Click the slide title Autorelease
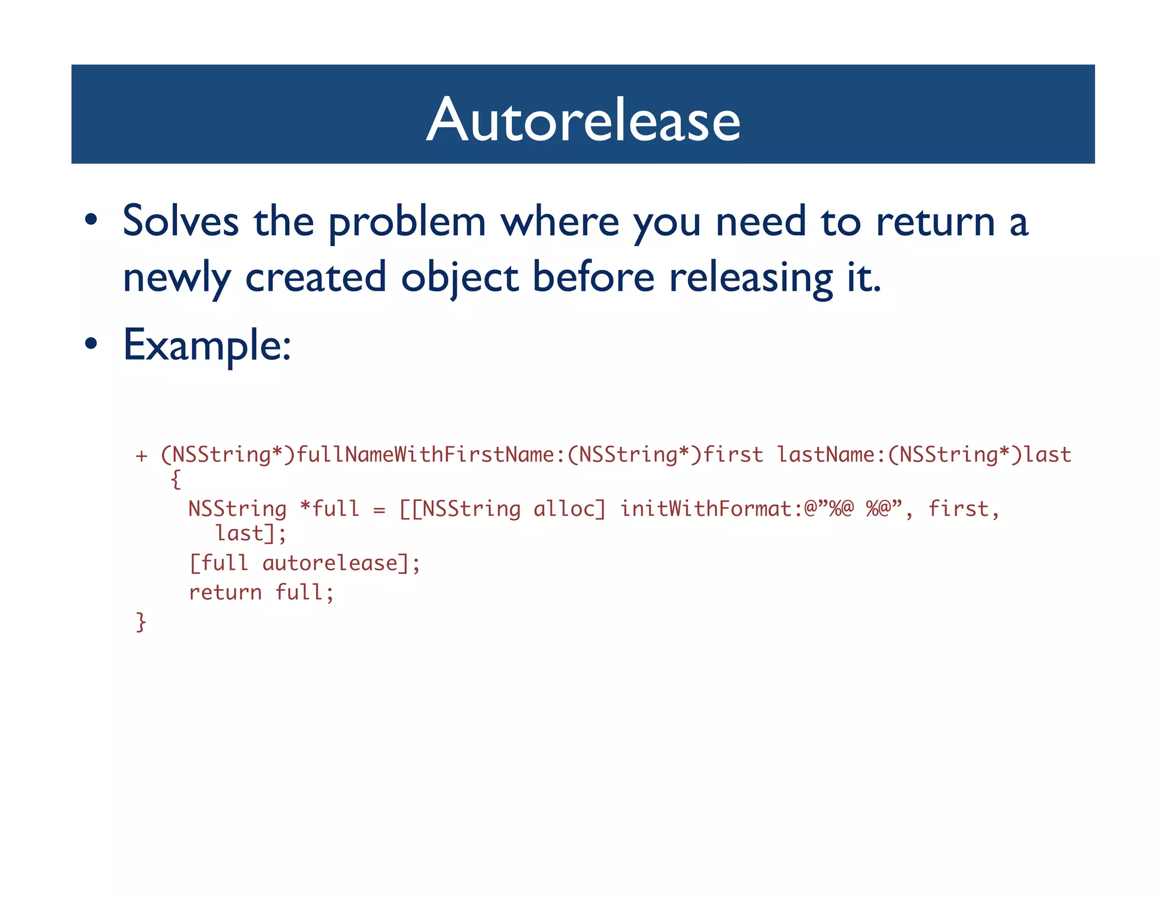coord(583,120)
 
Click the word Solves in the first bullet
coord(180,221)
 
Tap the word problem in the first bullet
coord(407,223)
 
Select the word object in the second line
coord(459,278)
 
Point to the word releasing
coord(751,278)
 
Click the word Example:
coord(207,345)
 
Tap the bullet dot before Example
coord(91,344)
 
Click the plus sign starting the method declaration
coord(141,455)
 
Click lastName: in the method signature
coord(831,455)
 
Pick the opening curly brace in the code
coord(176,480)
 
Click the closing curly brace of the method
coord(141,622)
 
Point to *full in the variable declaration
coord(329,509)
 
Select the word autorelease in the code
coord(330,563)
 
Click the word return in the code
coord(225,593)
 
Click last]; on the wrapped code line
coord(250,534)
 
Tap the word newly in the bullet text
coord(176,278)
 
